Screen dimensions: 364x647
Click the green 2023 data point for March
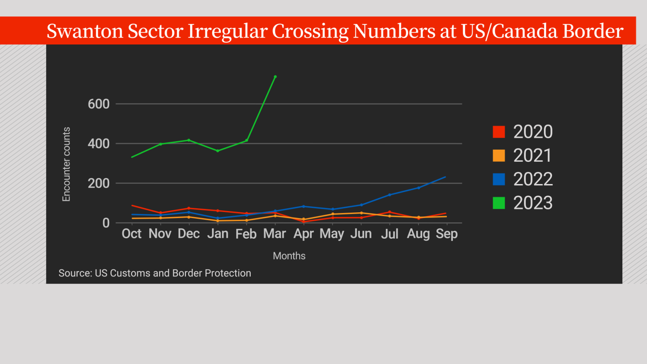tap(275, 76)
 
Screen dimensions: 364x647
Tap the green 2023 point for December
tap(189, 140)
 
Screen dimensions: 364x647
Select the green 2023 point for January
tap(218, 151)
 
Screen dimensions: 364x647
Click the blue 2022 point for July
tap(390, 195)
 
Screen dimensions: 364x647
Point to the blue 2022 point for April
tap(304, 206)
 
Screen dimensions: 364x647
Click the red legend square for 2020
tap(499, 132)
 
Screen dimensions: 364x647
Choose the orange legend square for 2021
tap(499, 156)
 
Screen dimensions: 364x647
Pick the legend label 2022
tap(533, 179)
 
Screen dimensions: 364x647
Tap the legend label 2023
tap(533, 203)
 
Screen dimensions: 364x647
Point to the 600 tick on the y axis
tap(99, 104)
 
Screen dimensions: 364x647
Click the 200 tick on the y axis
tap(99, 183)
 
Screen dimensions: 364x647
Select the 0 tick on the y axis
tap(106, 223)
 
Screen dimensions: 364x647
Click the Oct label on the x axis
tap(131, 234)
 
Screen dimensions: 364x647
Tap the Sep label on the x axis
tap(446, 234)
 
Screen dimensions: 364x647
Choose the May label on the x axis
tap(332, 234)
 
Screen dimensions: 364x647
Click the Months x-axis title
tap(289, 256)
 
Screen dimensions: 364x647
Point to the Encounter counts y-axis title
tap(66, 164)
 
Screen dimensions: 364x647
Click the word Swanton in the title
tap(85, 31)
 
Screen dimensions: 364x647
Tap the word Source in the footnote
tap(74, 273)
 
